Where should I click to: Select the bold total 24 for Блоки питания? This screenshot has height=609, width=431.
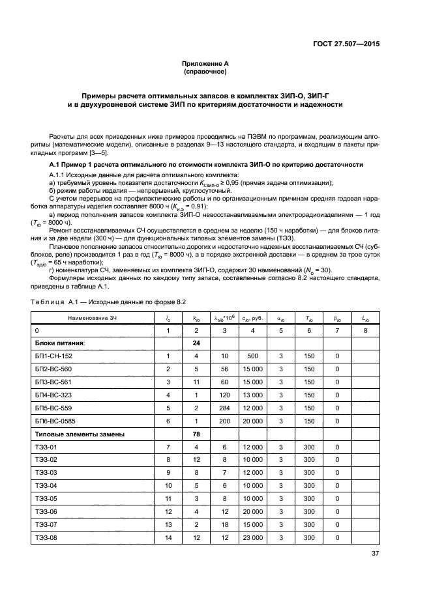click(x=196, y=343)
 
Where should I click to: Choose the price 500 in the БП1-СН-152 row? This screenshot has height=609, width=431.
click(x=252, y=356)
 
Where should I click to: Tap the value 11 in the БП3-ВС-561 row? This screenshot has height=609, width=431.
click(x=196, y=382)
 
